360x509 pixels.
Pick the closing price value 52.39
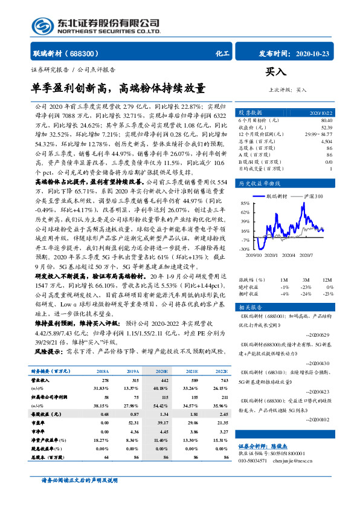pyautogui.click(x=327, y=126)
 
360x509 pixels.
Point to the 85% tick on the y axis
pyautogui.click(x=245, y=203)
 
